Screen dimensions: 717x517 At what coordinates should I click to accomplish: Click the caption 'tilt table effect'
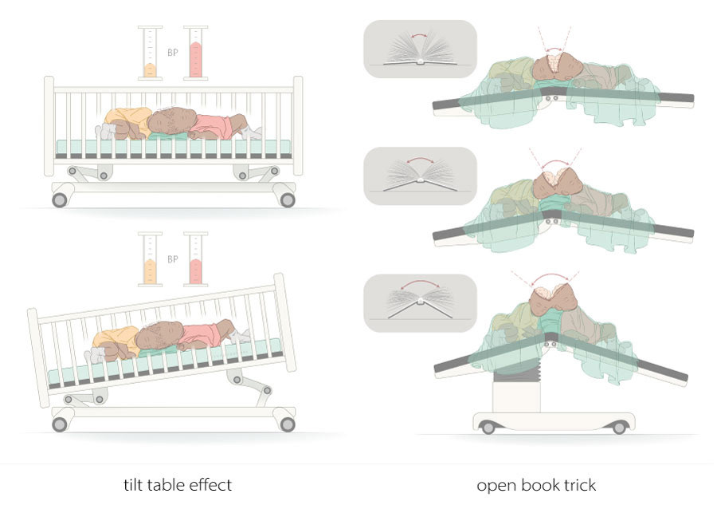[x=178, y=484]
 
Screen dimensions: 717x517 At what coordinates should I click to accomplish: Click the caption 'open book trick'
[x=535, y=484]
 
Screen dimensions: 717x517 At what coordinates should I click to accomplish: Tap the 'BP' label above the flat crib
[x=172, y=53]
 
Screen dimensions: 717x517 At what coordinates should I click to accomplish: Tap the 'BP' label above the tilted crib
[x=172, y=259]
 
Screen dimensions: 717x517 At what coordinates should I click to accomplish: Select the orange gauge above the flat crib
[x=150, y=53]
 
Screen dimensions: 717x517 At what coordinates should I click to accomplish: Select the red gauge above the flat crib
[x=196, y=53]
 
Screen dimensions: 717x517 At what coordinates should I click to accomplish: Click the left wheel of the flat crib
[x=60, y=199]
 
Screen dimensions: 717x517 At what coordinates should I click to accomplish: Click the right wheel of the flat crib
[x=288, y=199]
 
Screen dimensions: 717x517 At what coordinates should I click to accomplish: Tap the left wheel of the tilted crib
[x=60, y=424]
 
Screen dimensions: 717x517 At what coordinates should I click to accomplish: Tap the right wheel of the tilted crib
[x=288, y=424]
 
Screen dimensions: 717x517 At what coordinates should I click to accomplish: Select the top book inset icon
[x=419, y=49]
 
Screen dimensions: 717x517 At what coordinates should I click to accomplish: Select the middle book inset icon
[x=419, y=176]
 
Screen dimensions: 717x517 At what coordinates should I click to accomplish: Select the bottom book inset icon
[x=419, y=303]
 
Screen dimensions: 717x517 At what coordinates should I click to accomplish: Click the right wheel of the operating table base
[x=619, y=428]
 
